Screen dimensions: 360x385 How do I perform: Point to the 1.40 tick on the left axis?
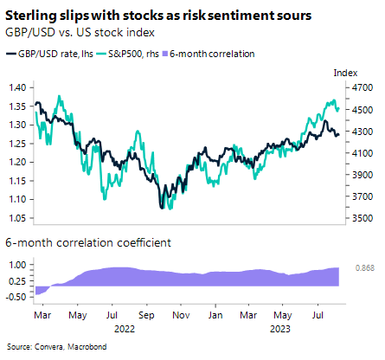click(x=16, y=88)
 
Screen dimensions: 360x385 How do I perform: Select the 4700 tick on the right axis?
click(x=363, y=88)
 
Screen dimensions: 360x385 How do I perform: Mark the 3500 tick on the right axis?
click(x=363, y=219)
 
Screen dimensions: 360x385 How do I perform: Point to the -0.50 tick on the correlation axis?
click(x=16, y=297)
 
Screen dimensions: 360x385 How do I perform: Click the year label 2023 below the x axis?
click(x=279, y=328)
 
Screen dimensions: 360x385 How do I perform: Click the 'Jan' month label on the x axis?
click(x=216, y=316)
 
